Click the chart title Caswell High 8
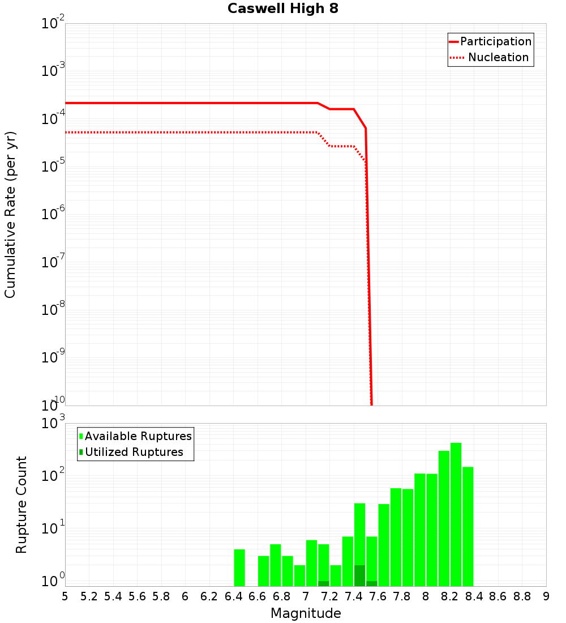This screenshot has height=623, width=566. (282, 9)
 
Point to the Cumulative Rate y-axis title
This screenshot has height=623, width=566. (10, 214)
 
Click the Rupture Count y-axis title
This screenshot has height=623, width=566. (22, 504)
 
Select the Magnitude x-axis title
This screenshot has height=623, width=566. (306, 613)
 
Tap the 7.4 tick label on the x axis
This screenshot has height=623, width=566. (354, 596)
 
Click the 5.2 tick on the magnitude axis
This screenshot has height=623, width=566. (89, 596)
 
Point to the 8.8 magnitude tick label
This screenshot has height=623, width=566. (522, 596)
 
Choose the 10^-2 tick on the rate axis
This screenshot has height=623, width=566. (53, 24)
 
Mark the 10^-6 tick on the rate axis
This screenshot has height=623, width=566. (53, 215)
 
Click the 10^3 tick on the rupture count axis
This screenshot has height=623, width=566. (53, 424)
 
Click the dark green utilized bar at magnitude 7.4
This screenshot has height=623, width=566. (359, 575)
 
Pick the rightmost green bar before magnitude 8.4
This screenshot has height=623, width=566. (468, 527)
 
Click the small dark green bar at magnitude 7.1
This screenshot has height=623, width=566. (324, 583)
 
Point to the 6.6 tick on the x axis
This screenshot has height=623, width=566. (258, 596)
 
